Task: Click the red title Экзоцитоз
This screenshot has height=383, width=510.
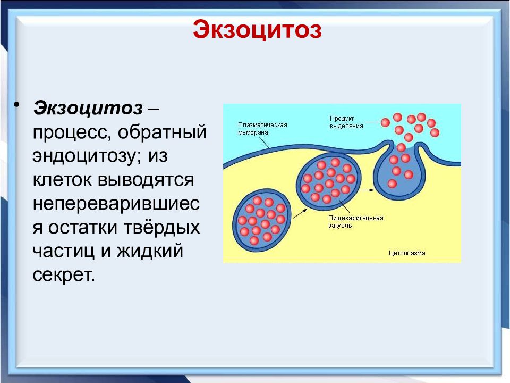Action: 257,29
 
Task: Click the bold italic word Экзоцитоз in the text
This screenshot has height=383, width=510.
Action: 88,108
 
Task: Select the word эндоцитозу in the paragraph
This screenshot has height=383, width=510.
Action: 87,156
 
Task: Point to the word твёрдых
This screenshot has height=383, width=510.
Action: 161,227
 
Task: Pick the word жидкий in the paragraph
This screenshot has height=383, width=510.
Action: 150,251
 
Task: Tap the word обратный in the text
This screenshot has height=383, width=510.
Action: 162,132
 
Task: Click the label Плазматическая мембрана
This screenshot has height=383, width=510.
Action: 262,129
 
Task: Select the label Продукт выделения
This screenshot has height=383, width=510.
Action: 346,122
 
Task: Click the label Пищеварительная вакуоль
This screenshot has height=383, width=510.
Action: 356,222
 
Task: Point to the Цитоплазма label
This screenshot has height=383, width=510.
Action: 407,253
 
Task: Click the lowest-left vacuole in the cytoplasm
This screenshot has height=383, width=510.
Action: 262,220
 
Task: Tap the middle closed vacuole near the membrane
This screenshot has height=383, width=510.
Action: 329,179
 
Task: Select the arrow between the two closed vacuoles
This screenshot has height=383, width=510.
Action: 300,214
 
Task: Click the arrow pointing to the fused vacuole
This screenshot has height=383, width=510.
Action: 368,189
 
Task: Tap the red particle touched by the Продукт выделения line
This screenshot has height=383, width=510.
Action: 386,122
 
